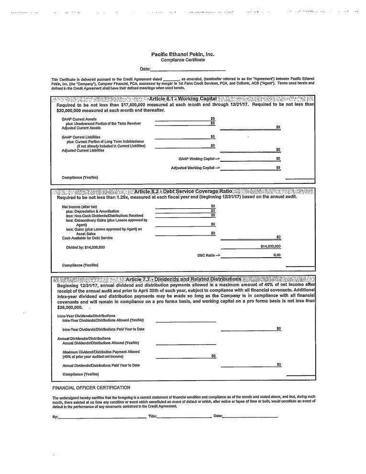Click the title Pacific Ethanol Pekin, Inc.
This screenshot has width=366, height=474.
(183, 55)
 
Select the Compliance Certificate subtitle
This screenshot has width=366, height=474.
(183, 60)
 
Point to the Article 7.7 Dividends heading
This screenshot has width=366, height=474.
(183, 279)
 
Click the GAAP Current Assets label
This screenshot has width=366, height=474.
(79, 119)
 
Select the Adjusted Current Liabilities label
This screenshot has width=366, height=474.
(83, 150)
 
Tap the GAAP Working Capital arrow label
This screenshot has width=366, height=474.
(199, 158)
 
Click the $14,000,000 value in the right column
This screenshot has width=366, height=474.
(270, 246)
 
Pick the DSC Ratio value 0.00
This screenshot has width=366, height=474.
(277, 255)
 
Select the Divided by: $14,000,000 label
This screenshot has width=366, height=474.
(85, 247)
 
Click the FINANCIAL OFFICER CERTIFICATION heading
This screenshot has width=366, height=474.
(91, 387)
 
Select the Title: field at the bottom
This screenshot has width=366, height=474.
(184, 417)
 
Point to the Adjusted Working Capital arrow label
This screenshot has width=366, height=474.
(195, 168)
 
